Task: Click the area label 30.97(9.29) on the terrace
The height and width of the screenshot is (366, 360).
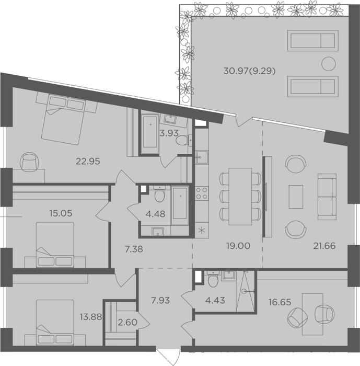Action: tap(249, 71)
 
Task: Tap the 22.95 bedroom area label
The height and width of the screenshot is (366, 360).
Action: tap(88, 161)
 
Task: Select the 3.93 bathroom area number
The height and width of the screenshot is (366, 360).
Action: tap(169, 133)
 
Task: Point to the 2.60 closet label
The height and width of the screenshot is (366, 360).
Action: tap(127, 323)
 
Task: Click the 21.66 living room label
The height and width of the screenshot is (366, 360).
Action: tap(324, 246)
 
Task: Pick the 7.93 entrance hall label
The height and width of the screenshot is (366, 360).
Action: tap(160, 301)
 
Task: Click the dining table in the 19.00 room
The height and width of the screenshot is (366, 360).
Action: tap(240, 196)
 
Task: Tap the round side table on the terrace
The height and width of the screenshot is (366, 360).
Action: tap(329, 63)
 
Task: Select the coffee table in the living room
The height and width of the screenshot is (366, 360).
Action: tap(296, 197)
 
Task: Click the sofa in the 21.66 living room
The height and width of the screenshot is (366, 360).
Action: tap(327, 197)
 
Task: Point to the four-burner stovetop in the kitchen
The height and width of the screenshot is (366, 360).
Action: tap(202, 193)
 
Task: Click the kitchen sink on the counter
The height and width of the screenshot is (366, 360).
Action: tap(202, 157)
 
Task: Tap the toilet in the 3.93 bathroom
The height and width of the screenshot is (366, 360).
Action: tap(183, 140)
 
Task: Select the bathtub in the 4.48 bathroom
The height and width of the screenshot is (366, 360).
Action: tap(180, 205)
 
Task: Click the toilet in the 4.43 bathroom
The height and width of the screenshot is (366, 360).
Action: tap(212, 279)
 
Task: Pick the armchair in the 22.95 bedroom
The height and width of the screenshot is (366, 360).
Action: tap(30, 162)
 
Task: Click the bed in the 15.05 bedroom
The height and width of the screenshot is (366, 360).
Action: tap(55, 245)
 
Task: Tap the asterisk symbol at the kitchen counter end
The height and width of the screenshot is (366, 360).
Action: tap(202, 231)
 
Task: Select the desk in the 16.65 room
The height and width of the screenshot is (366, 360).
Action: tap(312, 314)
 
